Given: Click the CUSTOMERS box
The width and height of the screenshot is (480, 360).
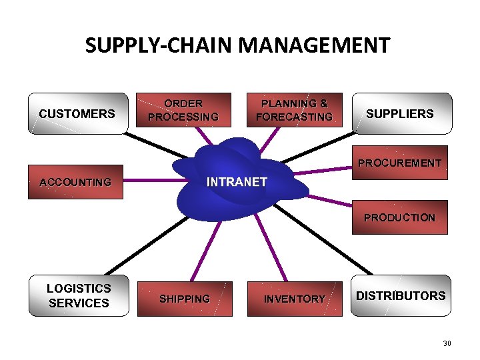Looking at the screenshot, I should pyautogui.click(x=77, y=113).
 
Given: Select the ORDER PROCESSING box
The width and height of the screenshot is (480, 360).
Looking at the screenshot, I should pyautogui.click(x=183, y=110).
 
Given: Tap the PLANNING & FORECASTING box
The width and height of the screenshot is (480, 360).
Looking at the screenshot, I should pyautogui.click(x=294, y=110).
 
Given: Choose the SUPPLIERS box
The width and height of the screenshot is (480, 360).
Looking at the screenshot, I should pyautogui.click(x=400, y=113).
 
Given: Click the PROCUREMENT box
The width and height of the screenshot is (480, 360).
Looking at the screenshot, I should pyautogui.click(x=400, y=163).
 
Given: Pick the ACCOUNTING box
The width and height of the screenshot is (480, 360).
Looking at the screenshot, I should pyautogui.click(x=75, y=182).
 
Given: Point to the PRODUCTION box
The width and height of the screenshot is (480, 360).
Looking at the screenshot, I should pyautogui.click(x=400, y=217).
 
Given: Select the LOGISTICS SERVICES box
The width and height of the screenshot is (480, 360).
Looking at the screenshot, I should pyautogui.click(x=79, y=295).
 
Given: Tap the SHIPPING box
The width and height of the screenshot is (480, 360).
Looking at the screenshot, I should pyautogui.click(x=185, y=299).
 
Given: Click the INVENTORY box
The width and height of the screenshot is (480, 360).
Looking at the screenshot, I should pyautogui.click(x=294, y=299).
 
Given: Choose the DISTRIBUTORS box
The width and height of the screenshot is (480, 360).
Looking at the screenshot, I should pyautogui.click(x=400, y=295).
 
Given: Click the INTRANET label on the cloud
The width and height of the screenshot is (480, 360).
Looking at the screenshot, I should pyautogui.click(x=237, y=181).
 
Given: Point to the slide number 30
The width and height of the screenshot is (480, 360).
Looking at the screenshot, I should pyautogui.click(x=447, y=343).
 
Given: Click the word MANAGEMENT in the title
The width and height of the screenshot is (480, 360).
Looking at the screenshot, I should pyautogui.click(x=314, y=45).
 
